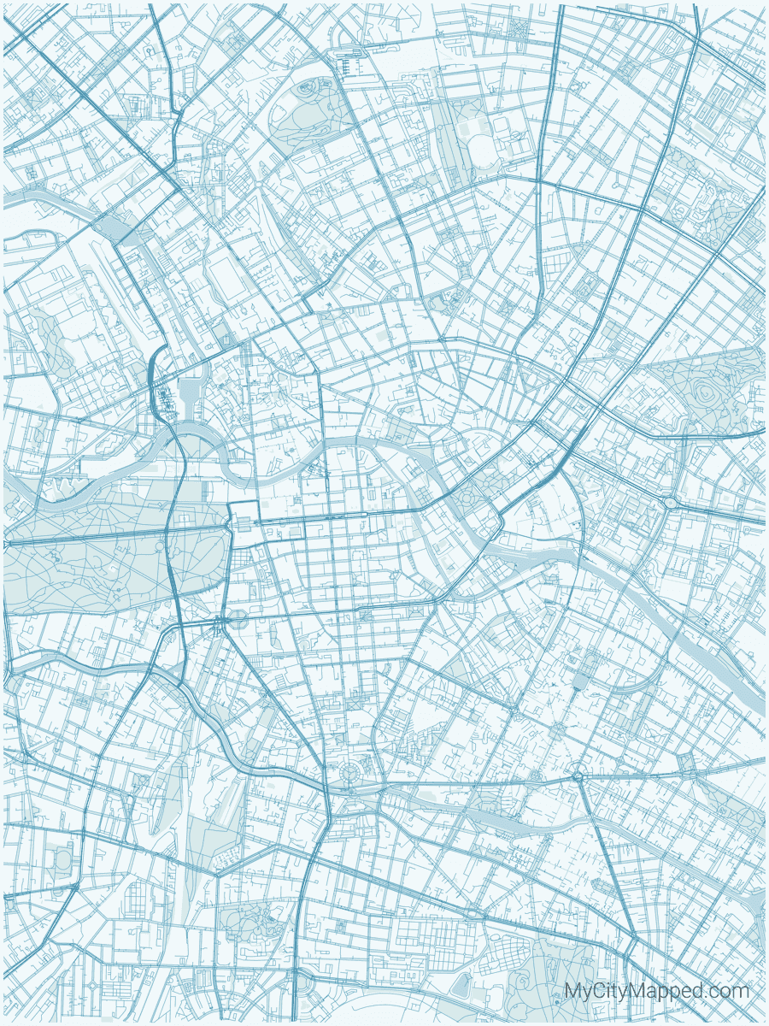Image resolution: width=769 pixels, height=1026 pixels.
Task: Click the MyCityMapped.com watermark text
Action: coord(656,992)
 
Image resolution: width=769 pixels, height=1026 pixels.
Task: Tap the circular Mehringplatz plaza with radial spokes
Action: coord(349,774)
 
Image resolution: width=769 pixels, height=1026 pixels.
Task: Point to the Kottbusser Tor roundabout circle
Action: coord(578,775)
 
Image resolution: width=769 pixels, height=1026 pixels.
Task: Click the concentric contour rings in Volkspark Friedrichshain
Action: coord(707,392)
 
